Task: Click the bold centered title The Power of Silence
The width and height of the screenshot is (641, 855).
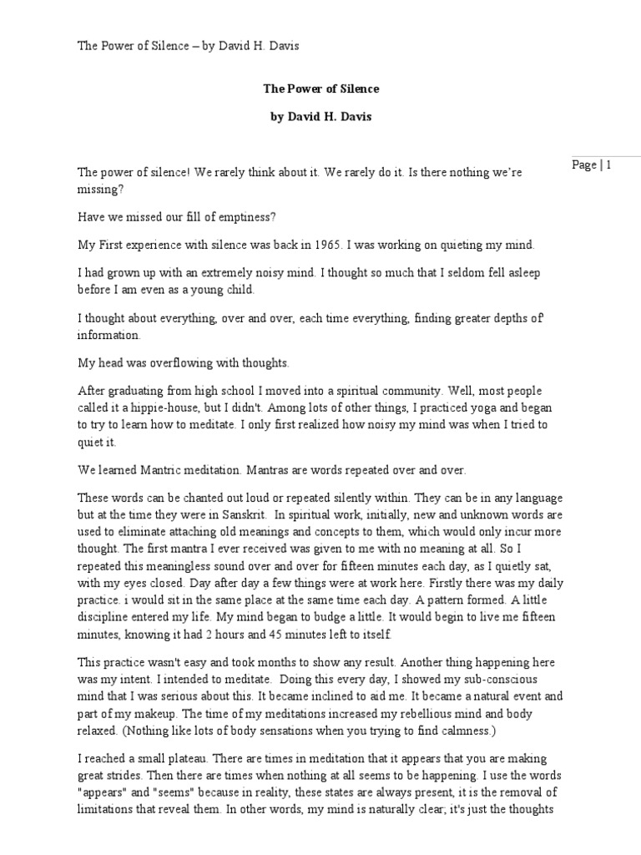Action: coord(320,88)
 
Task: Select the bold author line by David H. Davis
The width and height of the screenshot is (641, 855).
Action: coord(320,117)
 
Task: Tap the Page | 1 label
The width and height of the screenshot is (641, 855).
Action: coord(593,164)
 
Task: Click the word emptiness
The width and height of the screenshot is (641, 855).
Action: coord(247,217)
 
